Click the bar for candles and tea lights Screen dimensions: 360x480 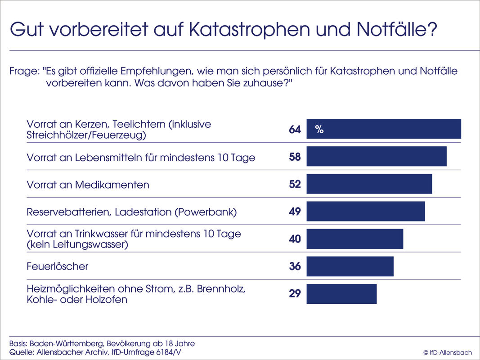(x=384, y=129)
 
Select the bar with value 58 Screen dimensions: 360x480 (x=377, y=156)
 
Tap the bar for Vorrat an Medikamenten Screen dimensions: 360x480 (x=369, y=184)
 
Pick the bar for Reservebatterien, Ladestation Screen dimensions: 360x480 (x=366, y=211)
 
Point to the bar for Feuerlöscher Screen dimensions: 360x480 (x=350, y=266)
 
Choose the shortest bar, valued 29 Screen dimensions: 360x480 (x=341, y=294)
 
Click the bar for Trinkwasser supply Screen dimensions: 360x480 (x=355, y=238)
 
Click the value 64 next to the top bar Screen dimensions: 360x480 (x=295, y=130)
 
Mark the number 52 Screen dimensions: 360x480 (x=295, y=184)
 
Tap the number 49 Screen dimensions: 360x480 (x=295, y=211)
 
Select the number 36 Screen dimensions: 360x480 (x=295, y=266)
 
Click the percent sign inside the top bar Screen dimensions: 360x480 (x=319, y=130)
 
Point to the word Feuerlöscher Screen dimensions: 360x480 (x=58, y=266)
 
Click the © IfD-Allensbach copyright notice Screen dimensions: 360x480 (x=447, y=352)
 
